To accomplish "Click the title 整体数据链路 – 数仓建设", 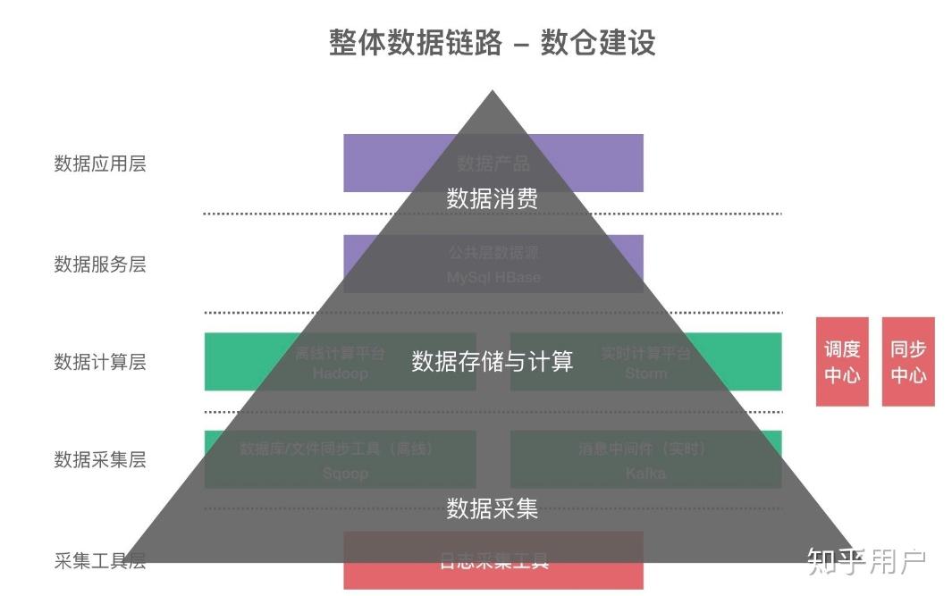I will pyautogui.click(x=492, y=43).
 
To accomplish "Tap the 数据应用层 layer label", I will pyautogui.click(x=100, y=164).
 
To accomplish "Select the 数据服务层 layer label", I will pyautogui.click(x=100, y=264).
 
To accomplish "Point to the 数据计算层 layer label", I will pyautogui.click(x=100, y=362).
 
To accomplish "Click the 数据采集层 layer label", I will pyautogui.click(x=100, y=460).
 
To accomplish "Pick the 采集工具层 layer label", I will pyautogui.click(x=100, y=561).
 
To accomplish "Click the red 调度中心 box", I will pyautogui.click(x=842, y=362).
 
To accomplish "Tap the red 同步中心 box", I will pyautogui.click(x=908, y=362).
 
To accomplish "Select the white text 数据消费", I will pyautogui.click(x=493, y=198).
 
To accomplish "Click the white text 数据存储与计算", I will pyautogui.click(x=493, y=361).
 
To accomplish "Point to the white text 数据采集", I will pyautogui.click(x=493, y=508).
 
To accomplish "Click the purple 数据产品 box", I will pyautogui.click(x=493, y=164).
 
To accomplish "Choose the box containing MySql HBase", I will pyautogui.click(x=493, y=264).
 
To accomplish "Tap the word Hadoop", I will pyautogui.click(x=341, y=374).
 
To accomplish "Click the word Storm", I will pyautogui.click(x=645, y=374).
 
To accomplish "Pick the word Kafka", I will pyautogui.click(x=645, y=473).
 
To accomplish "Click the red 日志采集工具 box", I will pyautogui.click(x=493, y=561).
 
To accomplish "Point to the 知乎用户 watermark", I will pyautogui.click(x=866, y=561).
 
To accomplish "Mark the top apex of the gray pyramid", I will pyautogui.click(x=492, y=91).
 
